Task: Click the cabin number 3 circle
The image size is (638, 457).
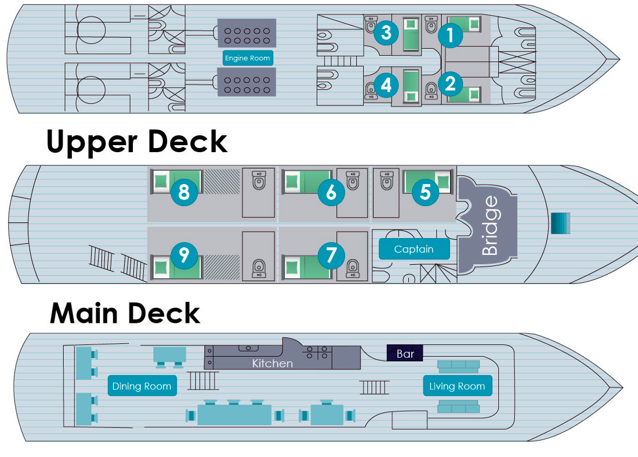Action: (x=386, y=33)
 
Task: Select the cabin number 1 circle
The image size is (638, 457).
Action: (x=450, y=36)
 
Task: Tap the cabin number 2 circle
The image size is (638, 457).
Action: (x=450, y=84)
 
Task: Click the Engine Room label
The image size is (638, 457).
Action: (x=248, y=58)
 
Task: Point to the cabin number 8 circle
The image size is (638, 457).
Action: (x=184, y=192)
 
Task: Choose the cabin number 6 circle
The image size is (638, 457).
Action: (x=331, y=192)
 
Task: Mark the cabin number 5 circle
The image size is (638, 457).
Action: (x=425, y=192)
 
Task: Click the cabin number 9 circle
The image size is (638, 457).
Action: (x=184, y=255)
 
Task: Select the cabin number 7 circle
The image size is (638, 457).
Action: (x=331, y=255)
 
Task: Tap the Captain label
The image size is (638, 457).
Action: (x=414, y=249)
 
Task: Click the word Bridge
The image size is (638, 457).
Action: (x=490, y=226)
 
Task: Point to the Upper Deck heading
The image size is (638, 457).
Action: (x=137, y=142)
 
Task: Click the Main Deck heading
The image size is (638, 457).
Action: (x=125, y=314)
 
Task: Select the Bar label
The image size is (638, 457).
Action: (x=405, y=353)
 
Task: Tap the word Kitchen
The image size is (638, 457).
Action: (x=272, y=364)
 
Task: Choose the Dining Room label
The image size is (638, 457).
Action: (x=142, y=386)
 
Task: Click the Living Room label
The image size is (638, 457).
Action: (x=457, y=386)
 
